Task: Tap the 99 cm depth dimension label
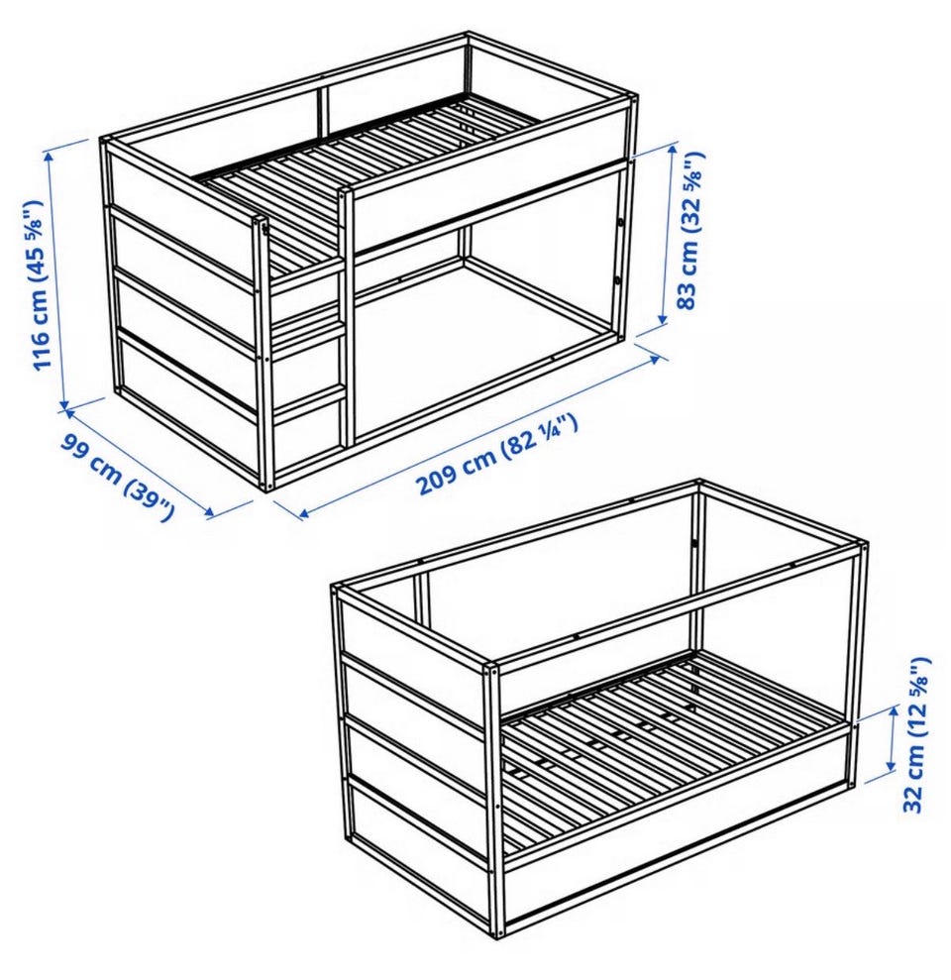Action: (117, 476)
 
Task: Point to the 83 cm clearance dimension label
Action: (690, 230)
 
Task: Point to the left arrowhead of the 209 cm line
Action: (303, 513)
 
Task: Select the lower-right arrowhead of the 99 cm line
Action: (210, 513)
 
